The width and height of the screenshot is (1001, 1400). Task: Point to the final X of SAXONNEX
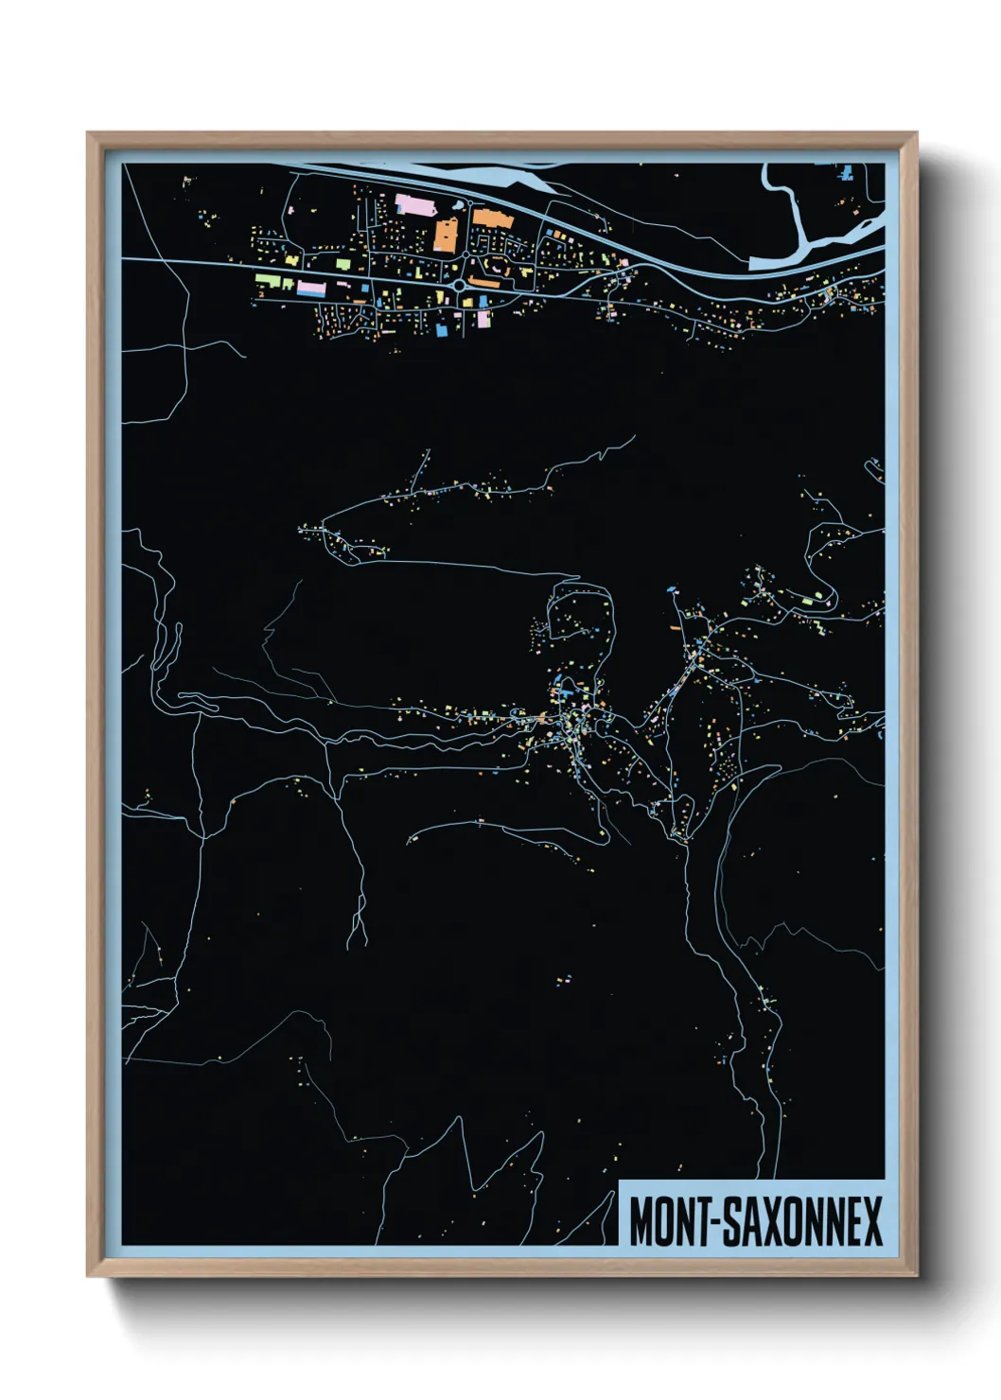(871, 1221)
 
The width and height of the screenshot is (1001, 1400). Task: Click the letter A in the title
(753, 1221)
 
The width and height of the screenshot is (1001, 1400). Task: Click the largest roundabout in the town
(460, 285)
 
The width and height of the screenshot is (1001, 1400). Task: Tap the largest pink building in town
(413, 204)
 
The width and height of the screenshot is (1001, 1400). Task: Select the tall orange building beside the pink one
(446, 234)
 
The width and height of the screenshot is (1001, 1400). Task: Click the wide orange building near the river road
(490, 219)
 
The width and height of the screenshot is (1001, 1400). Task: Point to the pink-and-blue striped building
(310, 287)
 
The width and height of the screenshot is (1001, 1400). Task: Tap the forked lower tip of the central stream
(357, 936)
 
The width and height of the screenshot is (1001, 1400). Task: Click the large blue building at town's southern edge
(442, 329)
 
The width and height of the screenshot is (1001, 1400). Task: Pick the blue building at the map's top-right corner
(847, 172)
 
